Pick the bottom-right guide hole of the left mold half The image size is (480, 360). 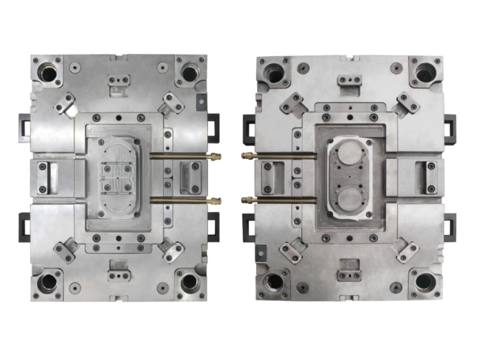(190, 281)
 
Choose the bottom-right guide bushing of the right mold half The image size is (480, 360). (425, 282)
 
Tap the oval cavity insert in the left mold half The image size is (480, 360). (119, 176)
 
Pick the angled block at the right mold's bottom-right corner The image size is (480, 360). (407, 252)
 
